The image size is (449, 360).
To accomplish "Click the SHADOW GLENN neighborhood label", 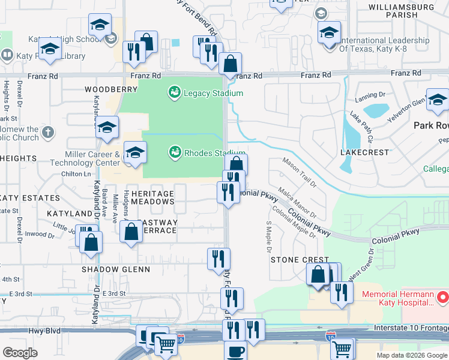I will coord(116,269).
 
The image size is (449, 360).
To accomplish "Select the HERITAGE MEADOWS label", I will coord(152,198).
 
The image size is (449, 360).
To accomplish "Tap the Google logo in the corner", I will coord(20,352).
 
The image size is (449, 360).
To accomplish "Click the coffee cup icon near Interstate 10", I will coord(235,351).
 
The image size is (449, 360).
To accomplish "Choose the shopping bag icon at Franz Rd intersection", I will coord(230,63).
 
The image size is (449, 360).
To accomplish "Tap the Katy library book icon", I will coord(7,56).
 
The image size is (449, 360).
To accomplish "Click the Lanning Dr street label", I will coord(370,95).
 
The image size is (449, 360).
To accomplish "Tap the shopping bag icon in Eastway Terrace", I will coord(131,232).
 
